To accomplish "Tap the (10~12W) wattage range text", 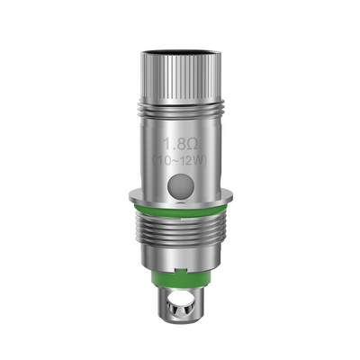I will (180, 159).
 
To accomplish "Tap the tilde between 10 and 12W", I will (178, 159).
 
